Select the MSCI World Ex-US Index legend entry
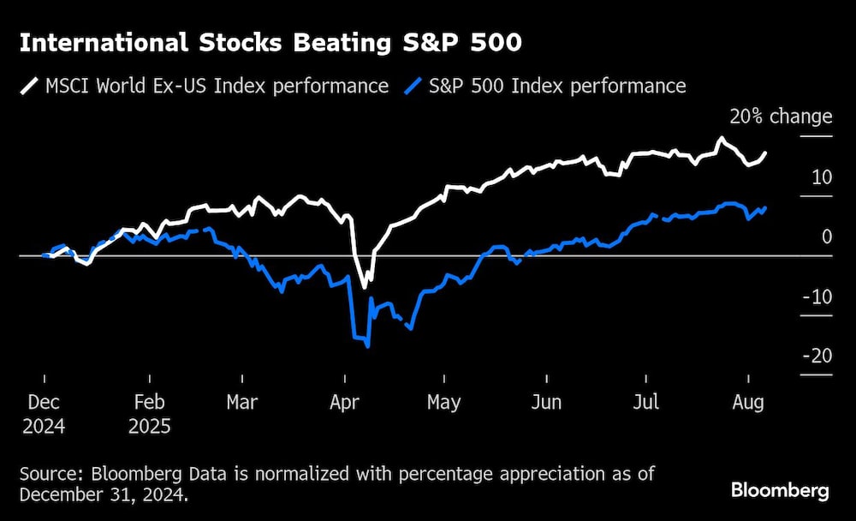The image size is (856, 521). pyautogui.click(x=205, y=86)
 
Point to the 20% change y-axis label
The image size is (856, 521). pyautogui.click(x=780, y=117)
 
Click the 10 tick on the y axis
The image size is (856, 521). pyautogui.click(x=822, y=177)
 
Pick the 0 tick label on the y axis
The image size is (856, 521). pyautogui.click(x=826, y=237)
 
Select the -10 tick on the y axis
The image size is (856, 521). pyautogui.click(x=819, y=296)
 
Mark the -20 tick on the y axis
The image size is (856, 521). pyautogui.click(x=819, y=356)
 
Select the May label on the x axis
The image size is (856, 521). pyautogui.click(x=443, y=402)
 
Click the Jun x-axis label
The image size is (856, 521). pyautogui.click(x=546, y=402)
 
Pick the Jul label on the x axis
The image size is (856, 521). pyautogui.click(x=647, y=402)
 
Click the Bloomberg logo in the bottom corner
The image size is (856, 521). pyautogui.click(x=780, y=491)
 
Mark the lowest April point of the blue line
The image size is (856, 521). pyautogui.click(x=367, y=345)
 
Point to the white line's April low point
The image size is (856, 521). pyautogui.click(x=364, y=286)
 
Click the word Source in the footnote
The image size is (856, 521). pyautogui.click(x=48, y=474)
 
